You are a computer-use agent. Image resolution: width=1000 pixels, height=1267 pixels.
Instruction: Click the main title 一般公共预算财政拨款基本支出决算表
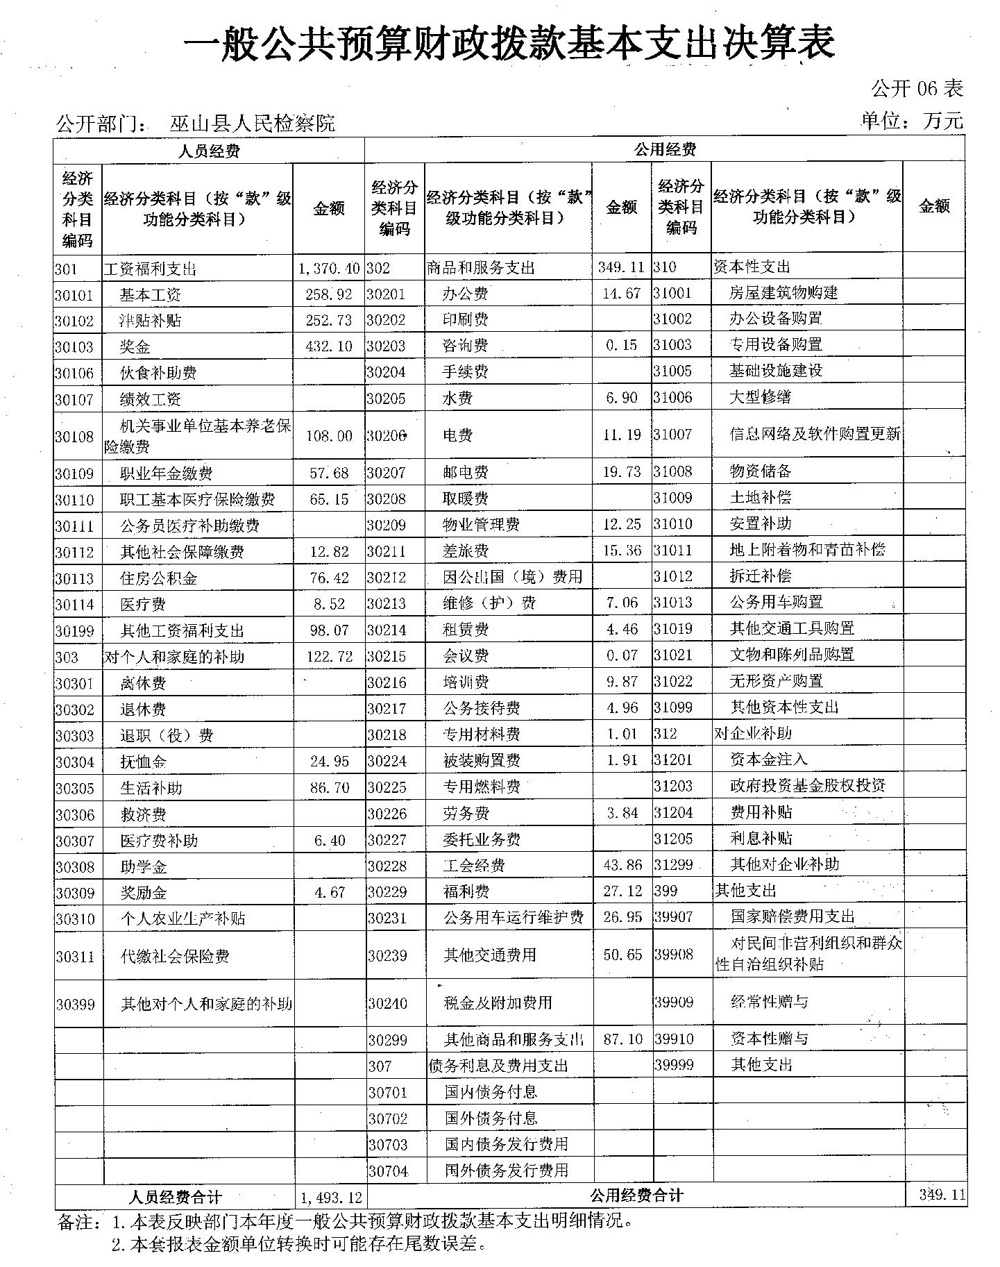click(509, 44)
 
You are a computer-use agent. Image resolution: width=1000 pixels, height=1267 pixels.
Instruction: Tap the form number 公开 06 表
click(917, 89)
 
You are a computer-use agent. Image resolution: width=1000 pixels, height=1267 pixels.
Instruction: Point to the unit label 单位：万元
click(912, 121)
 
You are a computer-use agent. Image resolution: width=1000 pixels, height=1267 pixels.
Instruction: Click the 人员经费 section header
click(209, 151)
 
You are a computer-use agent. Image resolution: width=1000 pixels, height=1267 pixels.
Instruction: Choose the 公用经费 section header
click(664, 149)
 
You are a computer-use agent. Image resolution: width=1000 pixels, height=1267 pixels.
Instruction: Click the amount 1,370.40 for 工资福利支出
click(330, 269)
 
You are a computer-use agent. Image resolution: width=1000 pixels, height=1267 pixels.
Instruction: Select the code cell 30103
click(74, 347)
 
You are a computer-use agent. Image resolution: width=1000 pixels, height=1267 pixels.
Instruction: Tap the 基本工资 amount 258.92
click(329, 295)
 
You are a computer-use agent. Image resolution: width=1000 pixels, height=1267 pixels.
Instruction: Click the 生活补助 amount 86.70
click(330, 788)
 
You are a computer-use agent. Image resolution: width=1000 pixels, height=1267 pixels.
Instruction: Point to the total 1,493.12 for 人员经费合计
click(332, 1198)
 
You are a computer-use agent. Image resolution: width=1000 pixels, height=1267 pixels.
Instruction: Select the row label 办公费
click(466, 294)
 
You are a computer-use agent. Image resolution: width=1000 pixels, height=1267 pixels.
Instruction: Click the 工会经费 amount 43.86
click(622, 865)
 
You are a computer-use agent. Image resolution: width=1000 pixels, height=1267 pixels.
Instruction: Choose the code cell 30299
click(388, 1040)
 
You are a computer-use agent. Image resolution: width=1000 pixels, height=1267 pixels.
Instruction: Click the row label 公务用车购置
click(776, 602)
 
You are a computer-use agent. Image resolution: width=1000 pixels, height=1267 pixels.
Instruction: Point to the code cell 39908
click(674, 954)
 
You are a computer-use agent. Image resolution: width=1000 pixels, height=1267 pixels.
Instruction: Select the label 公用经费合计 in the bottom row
click(636, 1195)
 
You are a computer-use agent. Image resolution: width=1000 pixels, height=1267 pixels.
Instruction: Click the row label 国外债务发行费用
click(507, 1170)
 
